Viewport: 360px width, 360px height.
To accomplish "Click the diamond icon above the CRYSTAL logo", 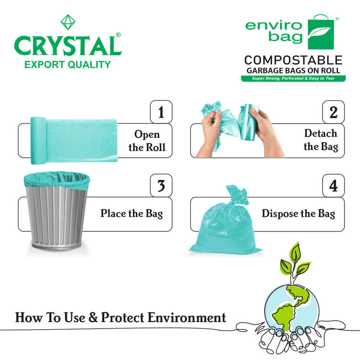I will point(68,22).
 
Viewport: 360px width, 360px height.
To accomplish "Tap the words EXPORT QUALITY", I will point(67,64).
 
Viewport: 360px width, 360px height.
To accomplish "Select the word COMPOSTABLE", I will point(293,60).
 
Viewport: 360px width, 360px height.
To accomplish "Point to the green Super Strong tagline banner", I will point(293,79).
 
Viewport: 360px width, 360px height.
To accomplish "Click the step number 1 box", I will point(161,112).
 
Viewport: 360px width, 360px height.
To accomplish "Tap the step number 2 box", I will point(333,112).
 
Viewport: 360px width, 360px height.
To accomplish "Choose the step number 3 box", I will point(161,186).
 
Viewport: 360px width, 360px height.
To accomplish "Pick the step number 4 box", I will point(333,186).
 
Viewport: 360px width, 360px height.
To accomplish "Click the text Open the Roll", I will point(147,141).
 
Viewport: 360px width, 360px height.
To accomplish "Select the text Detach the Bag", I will point(321,140).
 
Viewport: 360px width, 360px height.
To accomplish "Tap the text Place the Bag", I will point(131,213).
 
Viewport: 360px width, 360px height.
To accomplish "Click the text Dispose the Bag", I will point(298,213).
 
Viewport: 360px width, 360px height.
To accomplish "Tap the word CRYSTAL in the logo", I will point(67,46).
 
